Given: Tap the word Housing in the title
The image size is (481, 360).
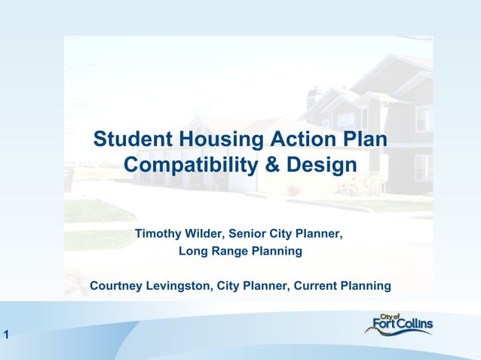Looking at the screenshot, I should click(219, 140).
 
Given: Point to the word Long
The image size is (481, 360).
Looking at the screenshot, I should click(192, 251).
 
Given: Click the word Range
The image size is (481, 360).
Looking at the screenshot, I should click(229, 251).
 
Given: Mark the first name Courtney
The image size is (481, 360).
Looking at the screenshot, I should click(118, 286).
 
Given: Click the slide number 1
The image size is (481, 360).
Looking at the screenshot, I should click(5, 336).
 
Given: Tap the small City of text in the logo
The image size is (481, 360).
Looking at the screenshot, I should click(391, 316).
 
